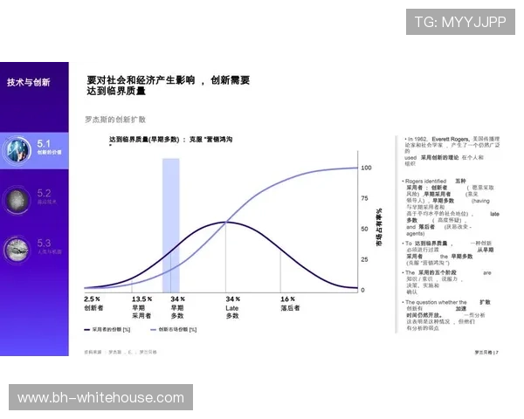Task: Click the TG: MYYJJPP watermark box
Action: (x=460, y=22)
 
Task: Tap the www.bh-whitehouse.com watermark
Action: (x=101, y=398)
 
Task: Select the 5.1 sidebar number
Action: (x=45, y=141)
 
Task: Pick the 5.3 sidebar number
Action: (x=45, y=243)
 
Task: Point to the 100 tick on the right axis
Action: (x=366, y=167)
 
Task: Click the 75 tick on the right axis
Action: (x=364, y=198)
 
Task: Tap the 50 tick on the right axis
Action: (x=364, y=229)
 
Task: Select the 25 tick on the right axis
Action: (x=364, y=259)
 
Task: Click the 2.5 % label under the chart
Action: (x=93, y=299)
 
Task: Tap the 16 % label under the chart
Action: (x=287, y=299)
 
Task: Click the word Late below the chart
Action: (x=232, y=307)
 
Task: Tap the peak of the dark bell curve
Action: (x=226, y=222)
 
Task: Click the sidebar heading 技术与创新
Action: (x=28, y=82)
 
